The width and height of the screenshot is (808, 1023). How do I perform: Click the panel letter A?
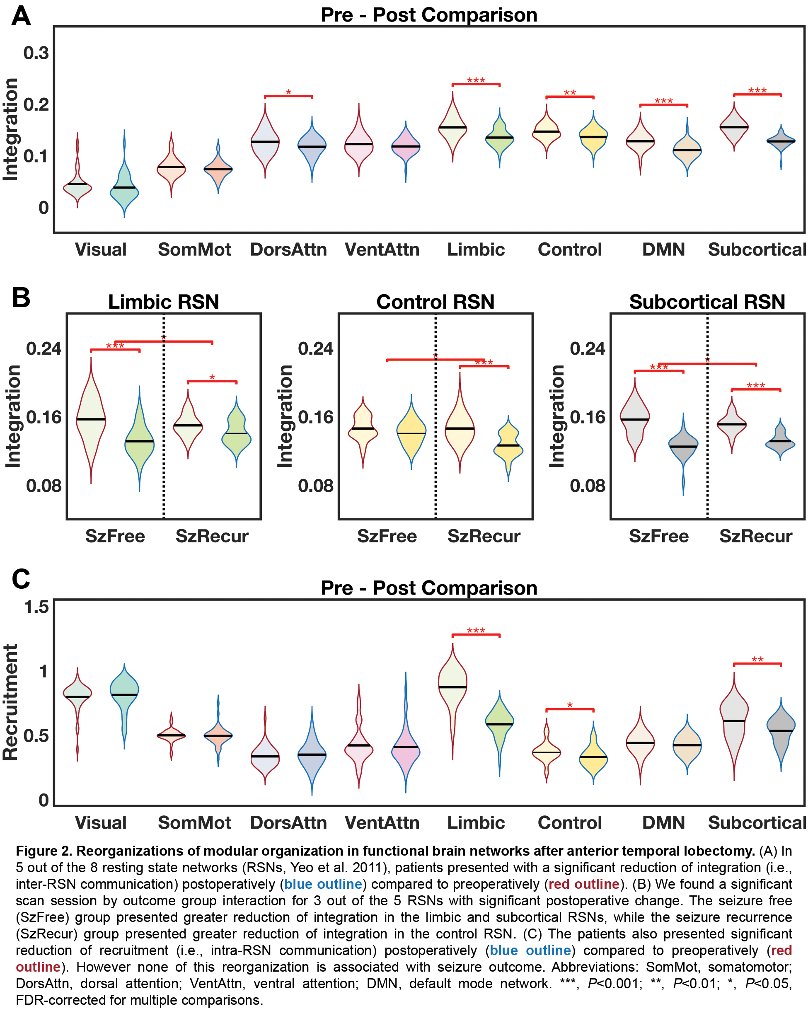(21, 16)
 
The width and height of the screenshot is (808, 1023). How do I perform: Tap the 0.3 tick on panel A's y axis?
(36, 53)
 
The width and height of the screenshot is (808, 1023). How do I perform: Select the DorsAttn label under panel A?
(288, 249)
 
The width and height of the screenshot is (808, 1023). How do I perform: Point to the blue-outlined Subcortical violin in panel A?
(781, 142)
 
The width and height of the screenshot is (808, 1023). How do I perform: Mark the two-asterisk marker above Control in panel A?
(570, 93)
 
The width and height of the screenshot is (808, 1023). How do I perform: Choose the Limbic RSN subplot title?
(163, 302)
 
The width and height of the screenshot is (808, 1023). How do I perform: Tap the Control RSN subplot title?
(435, 302)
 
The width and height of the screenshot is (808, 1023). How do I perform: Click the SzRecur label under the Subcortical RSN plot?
(755, 536)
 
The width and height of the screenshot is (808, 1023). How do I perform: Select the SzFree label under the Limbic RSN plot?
(115, 536)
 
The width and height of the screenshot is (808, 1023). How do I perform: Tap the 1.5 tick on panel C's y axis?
(36, 607)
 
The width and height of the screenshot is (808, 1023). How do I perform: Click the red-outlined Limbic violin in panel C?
(453, 686)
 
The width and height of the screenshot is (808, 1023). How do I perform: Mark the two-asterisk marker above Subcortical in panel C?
(757, 659)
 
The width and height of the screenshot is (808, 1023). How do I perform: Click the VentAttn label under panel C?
(382, 822)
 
